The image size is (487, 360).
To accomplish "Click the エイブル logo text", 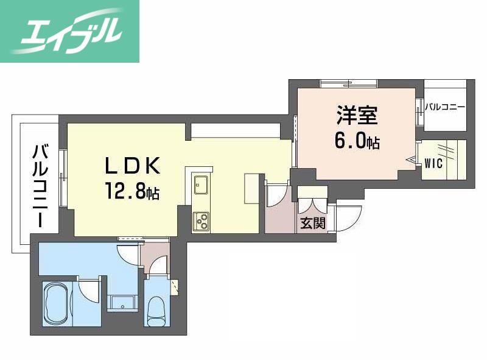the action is [70, 32].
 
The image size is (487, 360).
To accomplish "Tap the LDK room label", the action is [133, 166].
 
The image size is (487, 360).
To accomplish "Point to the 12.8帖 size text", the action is [133, 191].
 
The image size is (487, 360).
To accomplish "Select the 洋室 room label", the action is [357, 115].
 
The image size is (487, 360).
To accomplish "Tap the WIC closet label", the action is [433, 163].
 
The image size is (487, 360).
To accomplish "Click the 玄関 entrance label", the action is [313, 223].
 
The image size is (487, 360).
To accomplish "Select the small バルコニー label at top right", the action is [445, 107].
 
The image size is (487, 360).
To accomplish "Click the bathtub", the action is [57, 303].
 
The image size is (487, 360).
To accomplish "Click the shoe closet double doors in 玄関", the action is [312, 205].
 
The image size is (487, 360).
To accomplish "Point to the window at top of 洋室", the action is [348, 83].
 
